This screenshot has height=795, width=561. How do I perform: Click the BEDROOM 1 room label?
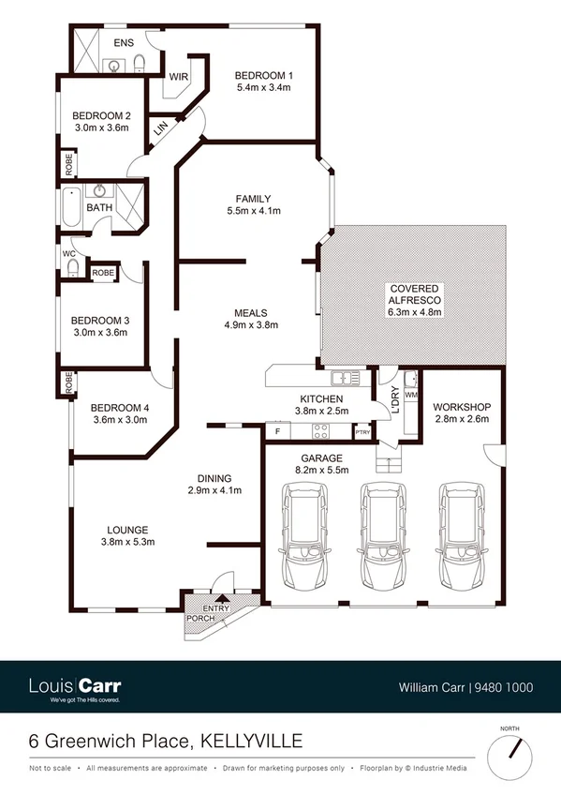point(263,75)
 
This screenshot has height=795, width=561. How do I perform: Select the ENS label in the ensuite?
point(123,44)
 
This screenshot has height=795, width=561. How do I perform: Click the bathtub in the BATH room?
point(70,208)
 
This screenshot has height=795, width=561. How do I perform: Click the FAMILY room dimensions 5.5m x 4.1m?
point(253,212)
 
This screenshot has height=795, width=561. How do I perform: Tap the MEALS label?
point(252,312)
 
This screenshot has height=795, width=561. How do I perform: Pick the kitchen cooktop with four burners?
point(319,431)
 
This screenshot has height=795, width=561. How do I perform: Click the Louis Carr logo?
point(75,687)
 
